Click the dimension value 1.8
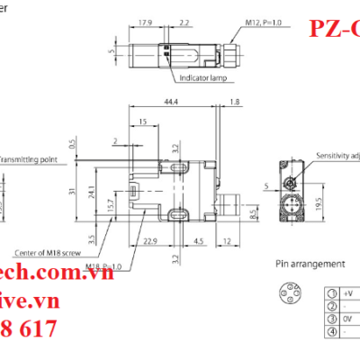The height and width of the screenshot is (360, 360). [x=235, y=103]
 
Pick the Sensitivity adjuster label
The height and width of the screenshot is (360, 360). [x=337, y=155]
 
